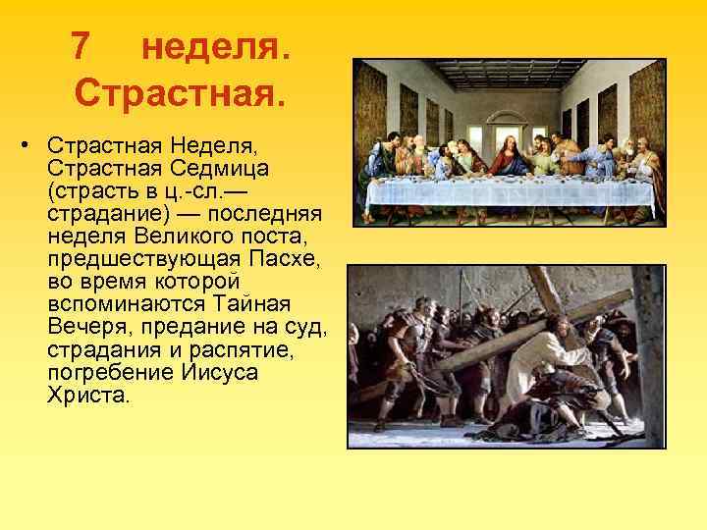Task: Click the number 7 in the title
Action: pos(82,46)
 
